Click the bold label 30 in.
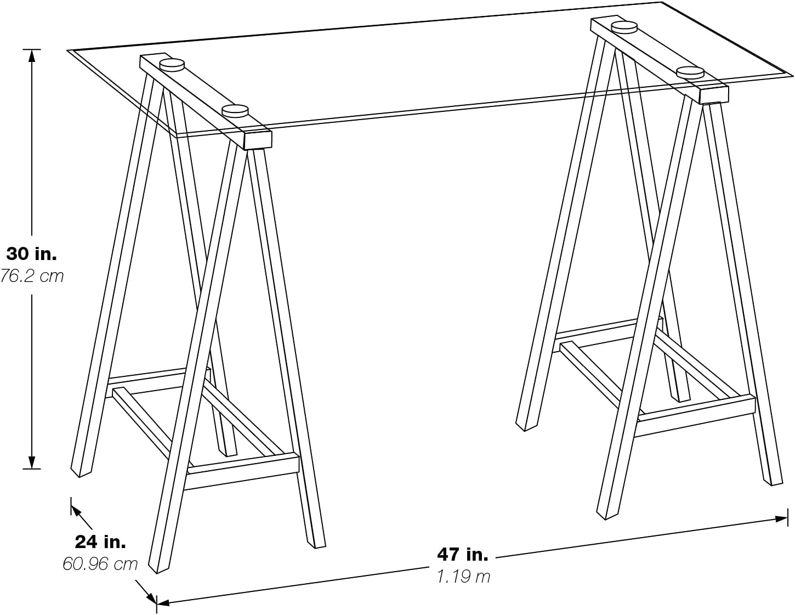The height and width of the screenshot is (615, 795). click(x=31, y=254)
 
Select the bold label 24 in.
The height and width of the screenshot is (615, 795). click(x=100, y=542)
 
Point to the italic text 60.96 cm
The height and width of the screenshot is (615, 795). click(x=100, y=564)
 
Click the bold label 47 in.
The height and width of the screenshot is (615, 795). click(x=462, y=555)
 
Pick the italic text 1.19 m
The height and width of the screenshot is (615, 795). click(x=463, y=577)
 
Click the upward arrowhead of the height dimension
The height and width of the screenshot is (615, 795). click(x=32, y=55)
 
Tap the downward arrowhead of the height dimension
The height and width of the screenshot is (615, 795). click(x=32, y=462)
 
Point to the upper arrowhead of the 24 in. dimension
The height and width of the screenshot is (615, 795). click(x=75, y=510)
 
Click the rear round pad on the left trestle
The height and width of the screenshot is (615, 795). click(x=172, y=65)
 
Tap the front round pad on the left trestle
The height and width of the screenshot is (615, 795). click(x=235, y=111)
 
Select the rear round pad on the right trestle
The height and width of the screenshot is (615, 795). click(x=624, y=27)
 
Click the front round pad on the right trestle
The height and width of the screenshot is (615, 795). click(x=690, y=72)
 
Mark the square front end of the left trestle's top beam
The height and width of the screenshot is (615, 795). click(x=258, y=140)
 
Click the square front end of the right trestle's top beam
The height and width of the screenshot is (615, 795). click(x=713, y=94)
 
